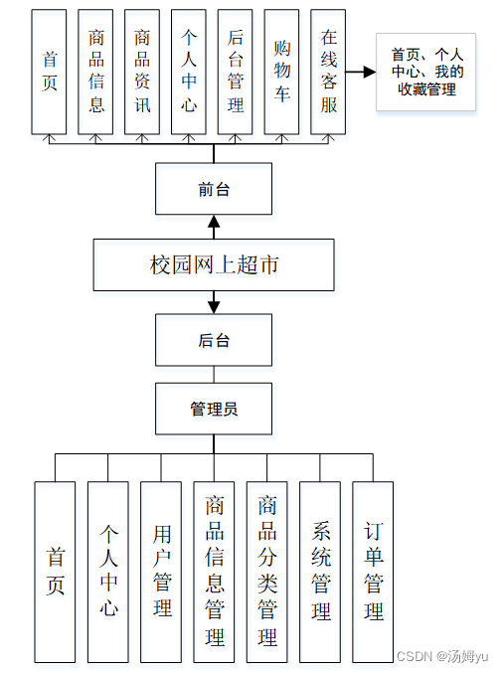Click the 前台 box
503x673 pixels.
click(214, 189)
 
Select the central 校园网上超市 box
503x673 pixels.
click(214, 264)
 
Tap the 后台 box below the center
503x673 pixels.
click(214, 340)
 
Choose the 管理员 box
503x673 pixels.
click(214, 409)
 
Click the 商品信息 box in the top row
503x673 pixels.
click(96, 72)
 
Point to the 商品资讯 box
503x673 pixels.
click(143, 72)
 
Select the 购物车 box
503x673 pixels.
click(281, 72)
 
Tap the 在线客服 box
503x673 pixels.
click(328, 72)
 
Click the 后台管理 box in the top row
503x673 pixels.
click(236, 72)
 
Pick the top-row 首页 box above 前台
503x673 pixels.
click(50, 72)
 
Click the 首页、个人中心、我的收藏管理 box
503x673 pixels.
click(426, 72)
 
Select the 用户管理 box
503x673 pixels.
click(161, 572)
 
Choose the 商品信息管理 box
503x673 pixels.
click(214, 572)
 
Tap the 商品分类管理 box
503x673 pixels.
click(266, 572)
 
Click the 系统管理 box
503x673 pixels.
click(320, 572)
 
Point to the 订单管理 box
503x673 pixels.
click(373, 572)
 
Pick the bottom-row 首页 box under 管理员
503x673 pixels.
click(55, 572)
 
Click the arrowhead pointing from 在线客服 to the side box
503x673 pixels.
click(369, 72)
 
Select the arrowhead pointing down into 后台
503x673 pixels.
click(214, 306)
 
